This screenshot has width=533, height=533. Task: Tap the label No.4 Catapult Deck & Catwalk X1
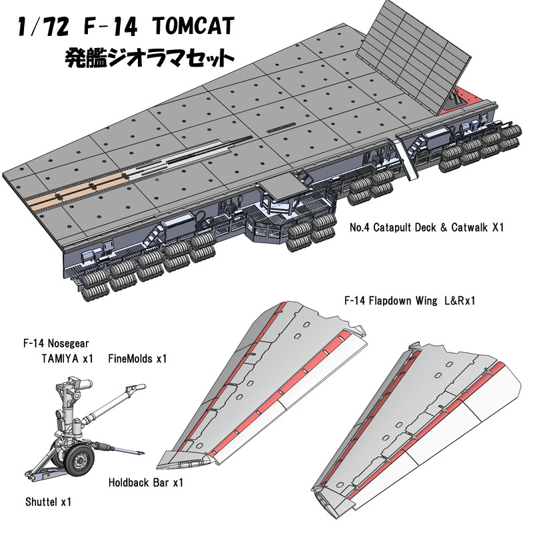(426, 228)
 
